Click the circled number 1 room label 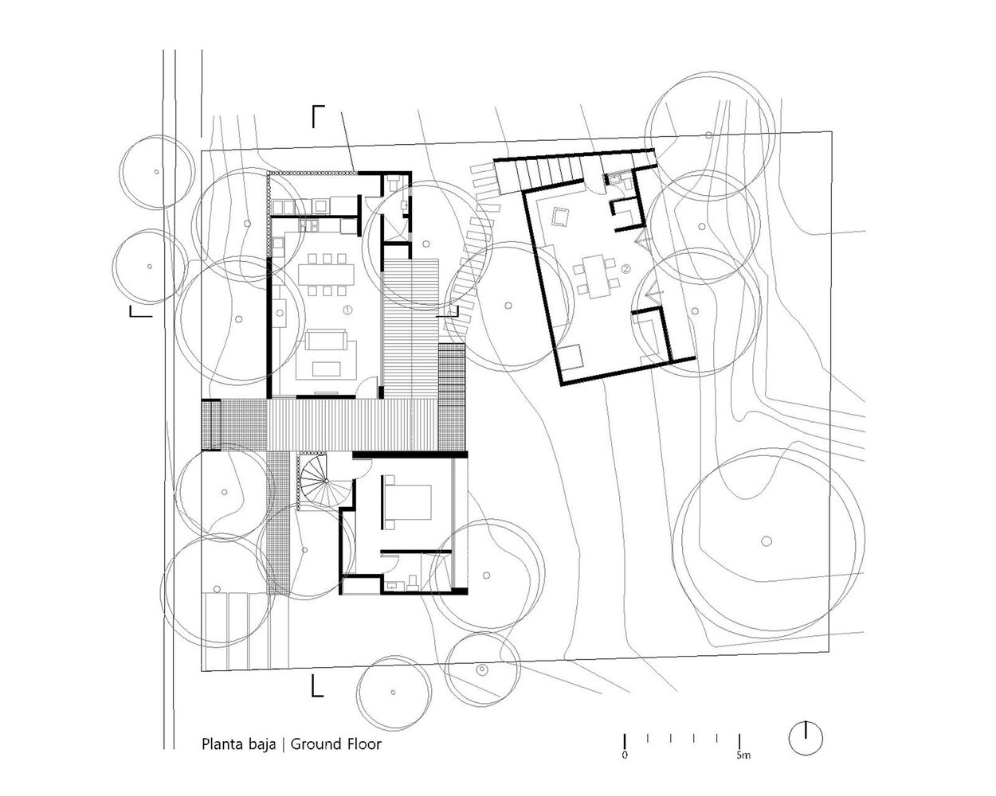click(x=347, y=310)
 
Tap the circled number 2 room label click(x=625, y=268)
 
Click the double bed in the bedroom click(x=406, y=502)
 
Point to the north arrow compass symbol click(x=806, y=738)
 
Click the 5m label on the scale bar click(x=743, y=755)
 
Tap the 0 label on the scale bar click(x=625, y=755)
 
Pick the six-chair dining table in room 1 click(x=327, y=275)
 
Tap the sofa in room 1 click(x=326, y=339)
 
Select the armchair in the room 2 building click(x=560, y=217)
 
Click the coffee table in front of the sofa click(x=327, y=369)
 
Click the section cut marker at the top click(x=318, y=115)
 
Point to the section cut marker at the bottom click(x=317, y=685)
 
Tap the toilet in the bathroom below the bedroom click(x=413, y=583)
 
